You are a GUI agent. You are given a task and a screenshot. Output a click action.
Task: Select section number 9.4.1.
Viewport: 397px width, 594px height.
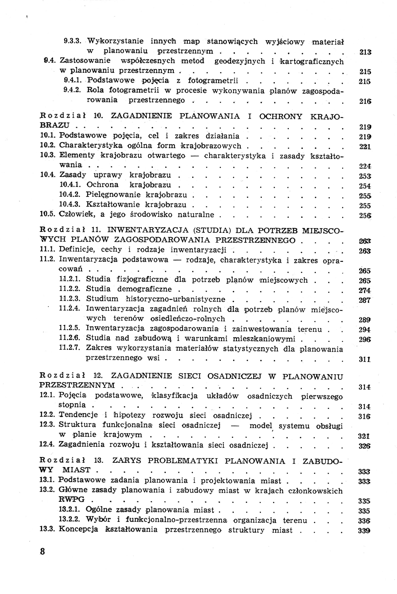tap(72, 81)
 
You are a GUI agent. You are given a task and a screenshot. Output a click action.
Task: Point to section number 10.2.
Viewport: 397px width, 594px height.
tap(47, 146)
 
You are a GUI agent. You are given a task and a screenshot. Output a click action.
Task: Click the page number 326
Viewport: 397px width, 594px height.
tap(365, 446)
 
